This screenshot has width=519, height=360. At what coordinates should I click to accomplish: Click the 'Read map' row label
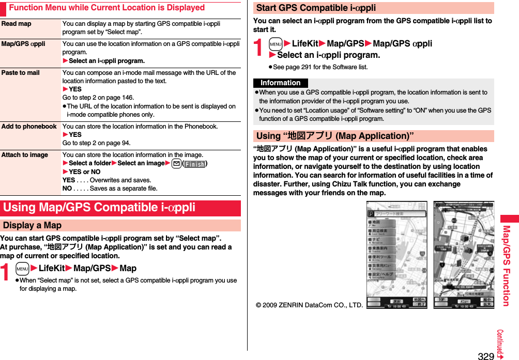click(16, 24)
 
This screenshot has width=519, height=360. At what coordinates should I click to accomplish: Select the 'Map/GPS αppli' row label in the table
click(23, 44)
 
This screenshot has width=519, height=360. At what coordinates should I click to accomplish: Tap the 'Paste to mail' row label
click(20, 73)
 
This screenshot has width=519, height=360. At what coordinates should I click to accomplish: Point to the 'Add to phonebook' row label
click(29, 127)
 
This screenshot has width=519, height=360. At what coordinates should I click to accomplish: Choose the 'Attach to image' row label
click(24, 155)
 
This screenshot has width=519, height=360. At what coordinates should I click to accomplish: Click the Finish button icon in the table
click(194, 164)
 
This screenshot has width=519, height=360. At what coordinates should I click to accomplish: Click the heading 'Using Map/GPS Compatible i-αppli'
click(99, 208)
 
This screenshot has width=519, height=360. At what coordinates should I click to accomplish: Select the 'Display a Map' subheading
click(32, 226)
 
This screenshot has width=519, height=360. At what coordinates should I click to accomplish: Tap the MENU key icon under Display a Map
click(22, 269)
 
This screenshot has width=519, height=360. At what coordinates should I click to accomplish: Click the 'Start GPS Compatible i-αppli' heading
click(316, 8)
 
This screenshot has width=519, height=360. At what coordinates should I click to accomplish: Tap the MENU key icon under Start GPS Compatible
click(275, 44)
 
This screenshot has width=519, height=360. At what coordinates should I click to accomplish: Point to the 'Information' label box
click(280, 83)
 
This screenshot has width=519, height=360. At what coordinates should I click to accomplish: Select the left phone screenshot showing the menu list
click(396, 255)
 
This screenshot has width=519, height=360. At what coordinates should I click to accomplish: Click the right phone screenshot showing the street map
click(463, 255)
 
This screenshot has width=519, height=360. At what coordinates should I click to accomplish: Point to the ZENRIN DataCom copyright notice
click(309, 305)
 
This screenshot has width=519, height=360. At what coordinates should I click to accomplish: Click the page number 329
click(485, 355)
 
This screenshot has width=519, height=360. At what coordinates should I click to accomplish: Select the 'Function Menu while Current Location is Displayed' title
click(106, 8)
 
